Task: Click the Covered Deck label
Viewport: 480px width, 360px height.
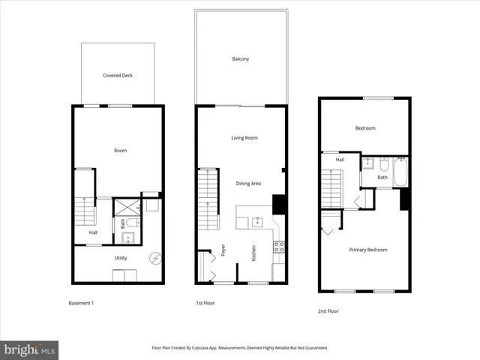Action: click(x=118, y=76)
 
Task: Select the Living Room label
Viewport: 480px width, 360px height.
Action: click(x=244, y=138)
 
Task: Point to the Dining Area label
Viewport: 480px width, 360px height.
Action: click(x=248, y=183)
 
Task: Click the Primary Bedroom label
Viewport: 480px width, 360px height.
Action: click(x=368, y=250)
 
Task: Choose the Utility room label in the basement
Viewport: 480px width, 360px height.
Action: click(x=121, y=258)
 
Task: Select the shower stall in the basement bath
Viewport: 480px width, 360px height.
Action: click(x=127, y=207)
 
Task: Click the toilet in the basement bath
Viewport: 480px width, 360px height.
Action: click(x=132, y=223)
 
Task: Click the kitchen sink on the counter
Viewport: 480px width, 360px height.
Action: click(x=257, y=221)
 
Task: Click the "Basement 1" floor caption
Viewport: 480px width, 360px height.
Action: click(x=81, y=303)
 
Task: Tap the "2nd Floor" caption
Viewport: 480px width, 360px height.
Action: click(x=328, y=310)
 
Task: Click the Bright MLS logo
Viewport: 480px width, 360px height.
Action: click(x=29, y=349)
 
